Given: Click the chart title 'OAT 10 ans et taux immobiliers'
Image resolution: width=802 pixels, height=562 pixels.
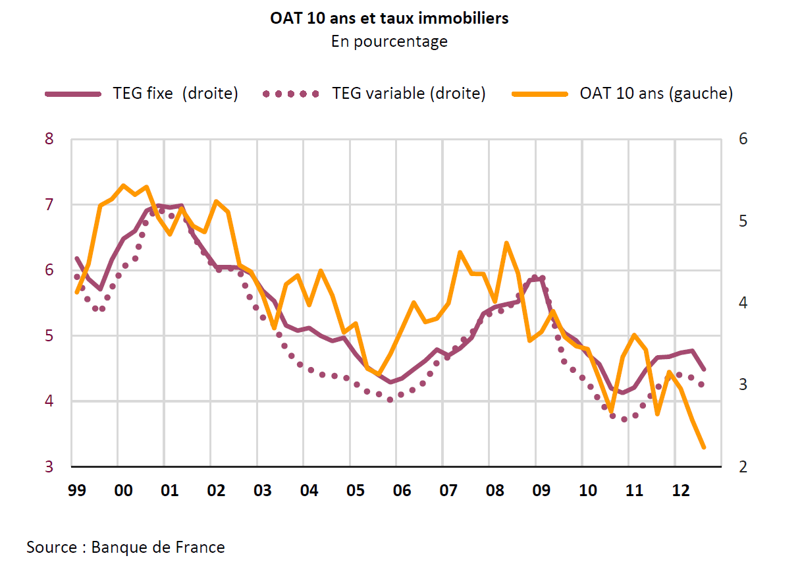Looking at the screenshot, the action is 389,18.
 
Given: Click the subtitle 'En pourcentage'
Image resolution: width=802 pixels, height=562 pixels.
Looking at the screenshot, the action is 389,42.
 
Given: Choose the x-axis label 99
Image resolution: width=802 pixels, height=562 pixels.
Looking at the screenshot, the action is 77,492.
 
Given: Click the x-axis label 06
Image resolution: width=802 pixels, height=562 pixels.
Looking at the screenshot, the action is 402,492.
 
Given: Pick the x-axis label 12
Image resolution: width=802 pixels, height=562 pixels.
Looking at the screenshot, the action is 680,492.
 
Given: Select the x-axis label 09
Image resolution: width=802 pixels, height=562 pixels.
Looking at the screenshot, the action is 541,492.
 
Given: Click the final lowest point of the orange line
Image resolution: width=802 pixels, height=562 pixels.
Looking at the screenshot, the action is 704,447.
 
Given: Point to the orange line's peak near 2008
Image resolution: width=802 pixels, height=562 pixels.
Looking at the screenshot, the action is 506,243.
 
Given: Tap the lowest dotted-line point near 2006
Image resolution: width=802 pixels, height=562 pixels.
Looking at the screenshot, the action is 390,399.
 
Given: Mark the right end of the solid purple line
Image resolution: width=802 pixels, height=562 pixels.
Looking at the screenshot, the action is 704,369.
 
